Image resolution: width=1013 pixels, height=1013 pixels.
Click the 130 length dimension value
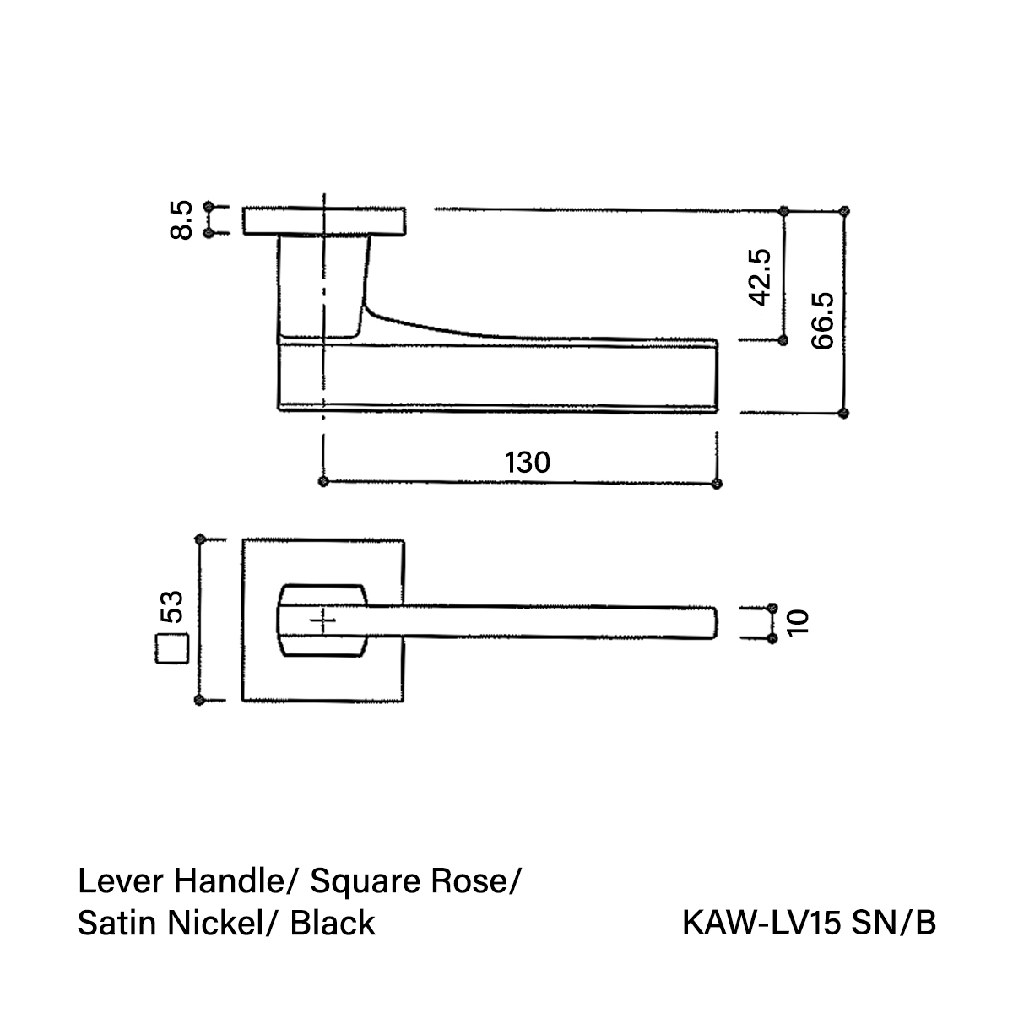coord(527,463)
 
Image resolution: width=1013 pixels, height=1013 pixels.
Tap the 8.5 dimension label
coord(181,220)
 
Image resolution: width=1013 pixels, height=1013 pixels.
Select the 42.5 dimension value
coord(760,278)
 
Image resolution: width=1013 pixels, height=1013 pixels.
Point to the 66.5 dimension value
coord(823,321)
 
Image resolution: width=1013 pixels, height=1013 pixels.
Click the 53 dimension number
coord(172,607)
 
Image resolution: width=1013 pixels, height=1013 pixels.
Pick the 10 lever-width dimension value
coord(798,622)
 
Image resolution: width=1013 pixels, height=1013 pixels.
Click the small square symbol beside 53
coord(172,649)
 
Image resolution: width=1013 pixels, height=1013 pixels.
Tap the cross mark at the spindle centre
coord(322,622)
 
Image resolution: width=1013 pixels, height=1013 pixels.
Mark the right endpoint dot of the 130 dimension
coord(717,484)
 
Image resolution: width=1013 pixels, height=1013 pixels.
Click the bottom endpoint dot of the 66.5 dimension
coord(843,413)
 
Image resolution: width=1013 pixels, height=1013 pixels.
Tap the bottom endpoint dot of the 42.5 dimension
coord(783,340)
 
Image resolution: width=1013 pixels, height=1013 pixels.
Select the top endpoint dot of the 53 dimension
coord(199,539)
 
